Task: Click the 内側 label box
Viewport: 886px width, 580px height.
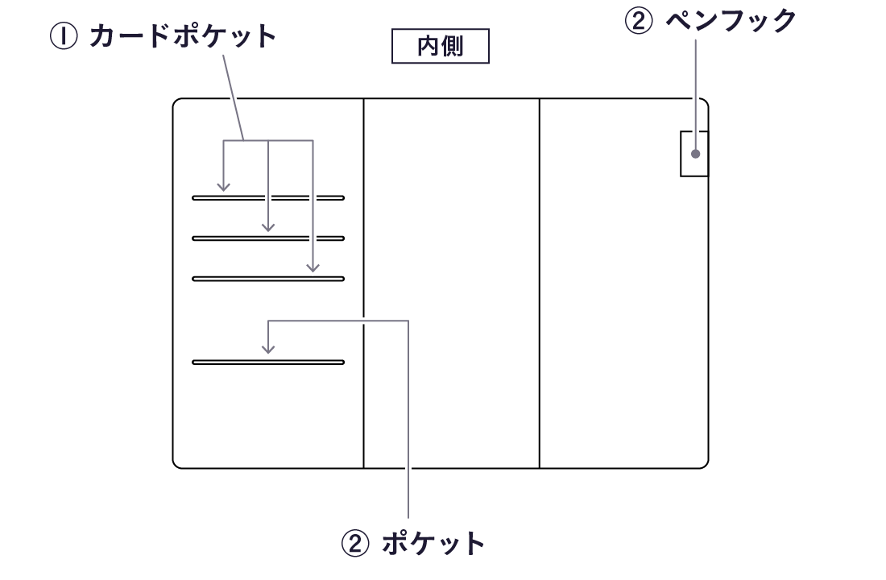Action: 440,48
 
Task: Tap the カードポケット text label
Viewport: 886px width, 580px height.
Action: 183,36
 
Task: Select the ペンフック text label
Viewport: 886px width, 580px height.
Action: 731,22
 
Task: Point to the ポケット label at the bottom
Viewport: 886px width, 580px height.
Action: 433,544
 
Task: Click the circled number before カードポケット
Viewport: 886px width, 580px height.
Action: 64,37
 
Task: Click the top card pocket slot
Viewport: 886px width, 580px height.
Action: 268,197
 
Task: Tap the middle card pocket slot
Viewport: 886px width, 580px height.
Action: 268,238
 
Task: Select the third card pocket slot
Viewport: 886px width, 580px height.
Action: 268,279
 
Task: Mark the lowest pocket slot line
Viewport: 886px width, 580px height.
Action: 268,362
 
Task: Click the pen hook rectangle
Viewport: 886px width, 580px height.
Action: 694,153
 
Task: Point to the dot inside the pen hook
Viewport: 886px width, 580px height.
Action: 695,153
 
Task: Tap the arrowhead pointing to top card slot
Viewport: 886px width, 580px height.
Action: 224,187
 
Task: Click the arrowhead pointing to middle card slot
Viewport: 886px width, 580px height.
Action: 268,227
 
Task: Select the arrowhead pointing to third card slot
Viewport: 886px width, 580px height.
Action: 313,267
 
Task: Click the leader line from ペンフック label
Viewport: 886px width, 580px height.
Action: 695,89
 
